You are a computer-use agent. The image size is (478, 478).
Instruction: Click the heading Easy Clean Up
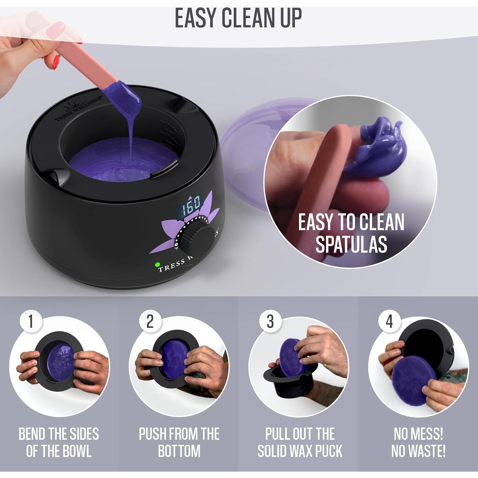(238, 18)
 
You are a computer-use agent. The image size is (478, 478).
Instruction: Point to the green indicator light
(157, 264)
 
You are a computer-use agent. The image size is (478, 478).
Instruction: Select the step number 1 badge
(31, 321)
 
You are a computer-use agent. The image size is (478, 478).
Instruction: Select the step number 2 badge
(150, 321)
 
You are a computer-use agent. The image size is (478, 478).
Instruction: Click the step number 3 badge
(270, 321)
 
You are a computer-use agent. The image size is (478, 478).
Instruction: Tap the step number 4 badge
(389, 321)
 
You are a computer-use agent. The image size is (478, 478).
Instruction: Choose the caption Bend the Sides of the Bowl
(59, 442)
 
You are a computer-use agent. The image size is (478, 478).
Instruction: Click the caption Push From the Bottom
(179, 442)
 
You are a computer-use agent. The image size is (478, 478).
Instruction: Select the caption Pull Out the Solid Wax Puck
(300, 442)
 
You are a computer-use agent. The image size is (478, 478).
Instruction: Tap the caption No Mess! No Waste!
(418, 442)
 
